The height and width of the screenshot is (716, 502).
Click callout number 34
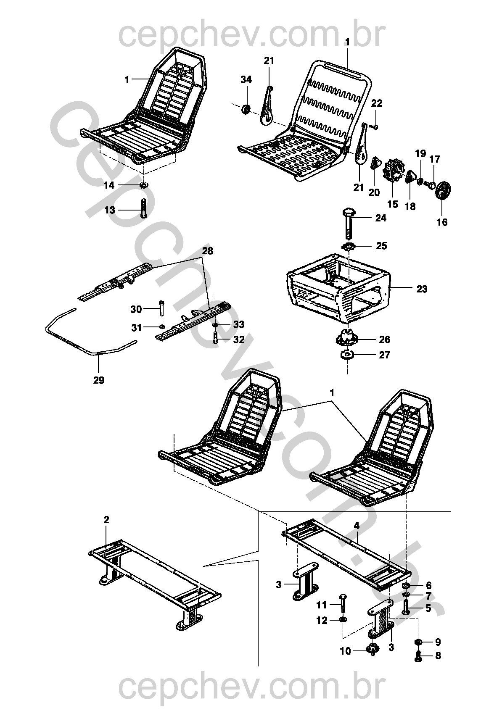[x=246, y=79]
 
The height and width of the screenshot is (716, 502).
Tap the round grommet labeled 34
[x=246, y=109]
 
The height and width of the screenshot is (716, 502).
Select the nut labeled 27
[x=346, y=355]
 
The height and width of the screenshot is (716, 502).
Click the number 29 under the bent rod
[x=98, y=380]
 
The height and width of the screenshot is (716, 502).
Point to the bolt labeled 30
[x=162, y=310]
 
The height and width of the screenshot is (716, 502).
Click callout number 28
[x=207, y=251]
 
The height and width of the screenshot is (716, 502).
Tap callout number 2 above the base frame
[x=106, y=520]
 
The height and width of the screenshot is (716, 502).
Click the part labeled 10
[x=372, y=650]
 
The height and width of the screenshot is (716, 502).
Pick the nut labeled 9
[x=419, y=642]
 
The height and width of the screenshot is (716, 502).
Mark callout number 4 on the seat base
[x=357, y=526]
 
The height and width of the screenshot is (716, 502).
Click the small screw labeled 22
[x=374, y=126]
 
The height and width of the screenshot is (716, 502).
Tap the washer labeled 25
[x=349, y=246]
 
